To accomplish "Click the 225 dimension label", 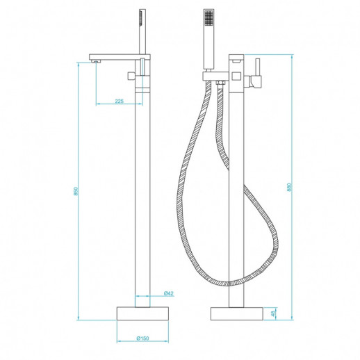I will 119,101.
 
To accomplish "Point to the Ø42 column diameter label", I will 169,293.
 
